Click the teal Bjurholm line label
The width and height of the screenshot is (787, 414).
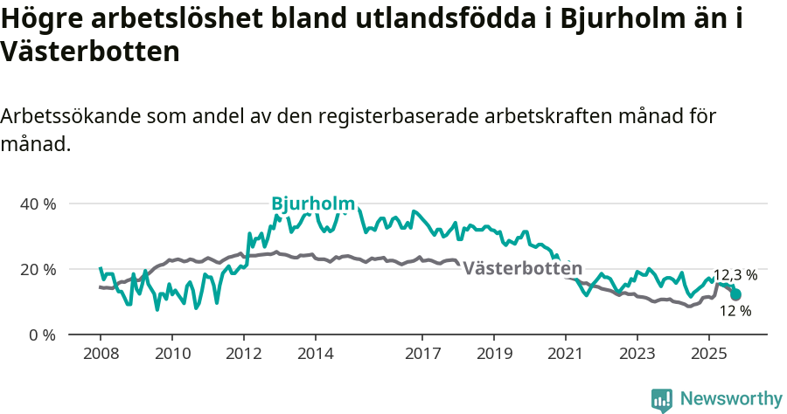pyautogui.click(x=313, y=203)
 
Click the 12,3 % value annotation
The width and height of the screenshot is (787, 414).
pyautogui.click(x=735, y=274)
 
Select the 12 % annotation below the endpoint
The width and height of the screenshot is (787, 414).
pyautogui.click(x=735, y=310)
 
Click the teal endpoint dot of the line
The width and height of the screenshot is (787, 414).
pyautogui.click(x=735, y=294)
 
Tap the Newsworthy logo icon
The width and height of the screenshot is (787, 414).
pyautogui.click(x=662, y=399)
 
